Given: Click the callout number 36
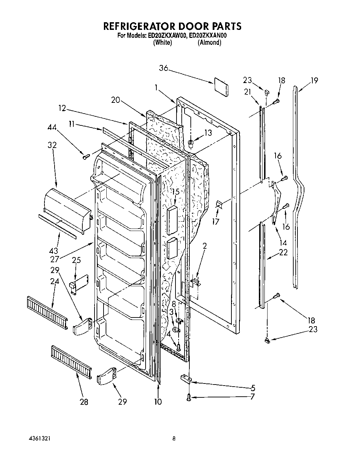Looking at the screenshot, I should click(x=164, y=69).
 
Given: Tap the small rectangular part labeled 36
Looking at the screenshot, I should click(x=221, y=87).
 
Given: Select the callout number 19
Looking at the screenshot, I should click(x=314, y=81).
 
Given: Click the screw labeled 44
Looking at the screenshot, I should click(x=86, y=156).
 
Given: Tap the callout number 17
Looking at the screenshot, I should click(x=216, y=221).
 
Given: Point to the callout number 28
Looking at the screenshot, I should click(x=84, y=402).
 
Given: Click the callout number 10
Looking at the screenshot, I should click(x=158, y=402).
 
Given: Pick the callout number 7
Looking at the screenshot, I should click(x=252, y=396).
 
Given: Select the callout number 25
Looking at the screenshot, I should click(x=77, y=259).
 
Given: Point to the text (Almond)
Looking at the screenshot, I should click(x=209, y=42).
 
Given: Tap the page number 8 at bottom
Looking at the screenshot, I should click(x=174, y=438).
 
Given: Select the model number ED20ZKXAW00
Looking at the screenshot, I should click(x=167, y=35).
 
